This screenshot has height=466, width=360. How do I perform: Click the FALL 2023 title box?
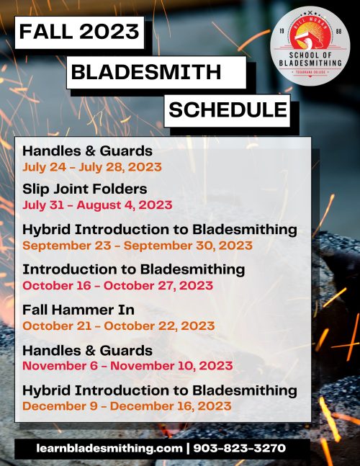tap(79, 32)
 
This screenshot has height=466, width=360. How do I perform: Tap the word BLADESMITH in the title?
tap(146, 72)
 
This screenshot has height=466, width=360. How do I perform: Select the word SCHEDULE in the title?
tap(228, 109)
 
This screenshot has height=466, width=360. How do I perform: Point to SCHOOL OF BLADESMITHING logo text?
tap(310, 59)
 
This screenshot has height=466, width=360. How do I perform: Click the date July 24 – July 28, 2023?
tap(92, 167)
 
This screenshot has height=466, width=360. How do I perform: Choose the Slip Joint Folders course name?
tap(85, 189)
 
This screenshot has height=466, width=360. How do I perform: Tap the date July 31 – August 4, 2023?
tap(97, 205)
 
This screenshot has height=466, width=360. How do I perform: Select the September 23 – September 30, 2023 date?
tap(138, 246)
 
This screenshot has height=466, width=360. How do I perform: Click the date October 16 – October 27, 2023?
tap(118, 286)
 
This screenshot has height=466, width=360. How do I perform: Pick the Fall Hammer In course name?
tap(78, 310)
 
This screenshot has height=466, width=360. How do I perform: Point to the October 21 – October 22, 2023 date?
tap(119, 326)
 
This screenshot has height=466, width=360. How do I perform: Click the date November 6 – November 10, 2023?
tap(127, 366)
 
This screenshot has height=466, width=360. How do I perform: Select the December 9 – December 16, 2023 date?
tap(127, 406)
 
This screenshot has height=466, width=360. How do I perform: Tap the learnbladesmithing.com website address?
tap(109, 448)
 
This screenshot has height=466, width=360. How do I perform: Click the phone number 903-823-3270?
tap(240, 448)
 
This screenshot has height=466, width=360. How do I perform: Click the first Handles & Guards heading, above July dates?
tap(87, 151)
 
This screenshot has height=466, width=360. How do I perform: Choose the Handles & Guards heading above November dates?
tap(87, 351)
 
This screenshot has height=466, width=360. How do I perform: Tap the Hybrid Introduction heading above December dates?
tap(160, 390)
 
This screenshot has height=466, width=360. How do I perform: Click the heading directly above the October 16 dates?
tap(134, 269)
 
